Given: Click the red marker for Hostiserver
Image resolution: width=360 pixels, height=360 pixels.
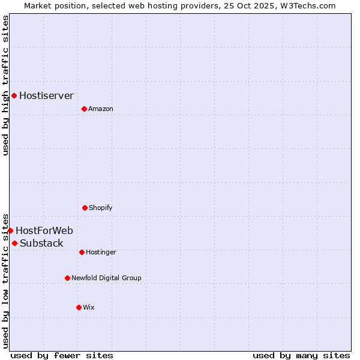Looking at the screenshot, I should coord(14,95).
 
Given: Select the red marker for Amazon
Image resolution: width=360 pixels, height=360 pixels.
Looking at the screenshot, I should coord(84,109).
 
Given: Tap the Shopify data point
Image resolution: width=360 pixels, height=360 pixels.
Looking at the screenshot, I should coord(85,208).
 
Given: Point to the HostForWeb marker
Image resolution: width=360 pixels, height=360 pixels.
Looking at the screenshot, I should coord(10,230).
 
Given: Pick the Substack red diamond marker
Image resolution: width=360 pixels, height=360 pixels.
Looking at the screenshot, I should coord(14,243).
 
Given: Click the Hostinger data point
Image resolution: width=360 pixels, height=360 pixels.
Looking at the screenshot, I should coord(82,252).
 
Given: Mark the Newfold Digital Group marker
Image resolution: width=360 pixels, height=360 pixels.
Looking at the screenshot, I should coord(67,278).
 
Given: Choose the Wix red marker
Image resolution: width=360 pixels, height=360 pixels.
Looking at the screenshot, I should coord(79,307).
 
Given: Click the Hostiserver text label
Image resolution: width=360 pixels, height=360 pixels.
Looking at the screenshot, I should coord(46,95).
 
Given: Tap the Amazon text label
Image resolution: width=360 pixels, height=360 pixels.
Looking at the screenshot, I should coord(101,109).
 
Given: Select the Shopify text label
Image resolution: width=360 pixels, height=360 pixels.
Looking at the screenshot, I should coord(101,208).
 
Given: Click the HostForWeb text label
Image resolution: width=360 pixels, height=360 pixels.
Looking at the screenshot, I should coord(44,230).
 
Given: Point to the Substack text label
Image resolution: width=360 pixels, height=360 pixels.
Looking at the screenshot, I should coord(41,243).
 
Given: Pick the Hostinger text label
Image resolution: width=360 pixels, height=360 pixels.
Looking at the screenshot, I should coord(101,252).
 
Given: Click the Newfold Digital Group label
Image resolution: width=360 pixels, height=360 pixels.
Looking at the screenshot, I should coord(106,278).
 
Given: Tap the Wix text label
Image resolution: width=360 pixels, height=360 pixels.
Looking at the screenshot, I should coord(89,307).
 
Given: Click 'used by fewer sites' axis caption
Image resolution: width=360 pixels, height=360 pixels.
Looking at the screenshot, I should coord(62,355).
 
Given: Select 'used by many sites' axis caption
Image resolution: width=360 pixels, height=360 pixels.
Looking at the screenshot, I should coord(301,355).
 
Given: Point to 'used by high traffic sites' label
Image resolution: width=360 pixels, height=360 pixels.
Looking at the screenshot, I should coord(5,85).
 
